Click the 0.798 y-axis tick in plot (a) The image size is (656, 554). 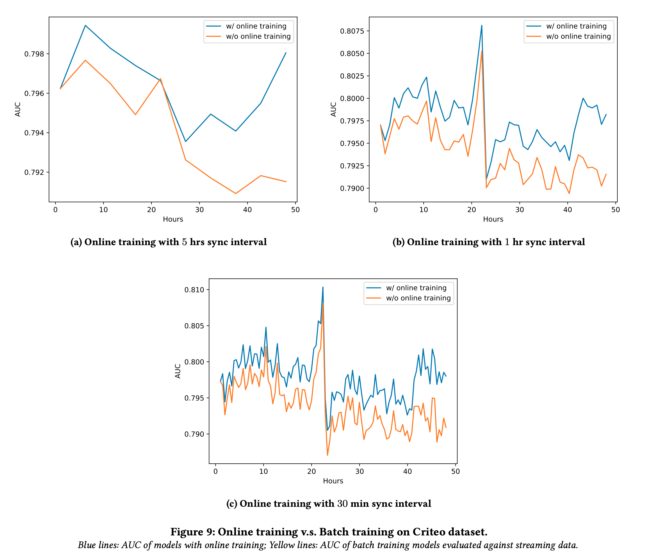(34, 54)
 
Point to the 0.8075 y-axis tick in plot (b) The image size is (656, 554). (352, 31)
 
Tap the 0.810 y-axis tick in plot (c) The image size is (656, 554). (194, 290)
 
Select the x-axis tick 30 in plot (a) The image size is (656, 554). (199, 210)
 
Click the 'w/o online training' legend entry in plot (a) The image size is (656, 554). (258, 36)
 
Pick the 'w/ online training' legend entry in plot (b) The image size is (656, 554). (576, 26)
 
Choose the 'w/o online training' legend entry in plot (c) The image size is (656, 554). (418, 298)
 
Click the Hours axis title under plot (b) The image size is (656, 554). (493, 219)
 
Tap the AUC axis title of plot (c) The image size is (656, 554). (178, 371)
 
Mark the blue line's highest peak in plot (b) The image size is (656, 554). (482, 26)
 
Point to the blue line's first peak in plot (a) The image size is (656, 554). (85, 25)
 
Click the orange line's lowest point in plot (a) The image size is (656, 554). (236, 193)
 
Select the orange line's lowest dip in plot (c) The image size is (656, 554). (327, 455)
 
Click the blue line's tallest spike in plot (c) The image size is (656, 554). (323, 287)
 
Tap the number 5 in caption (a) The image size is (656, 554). (184, 242)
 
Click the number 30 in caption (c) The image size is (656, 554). (342, 504)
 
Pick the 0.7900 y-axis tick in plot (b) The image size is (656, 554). (352, 188)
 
